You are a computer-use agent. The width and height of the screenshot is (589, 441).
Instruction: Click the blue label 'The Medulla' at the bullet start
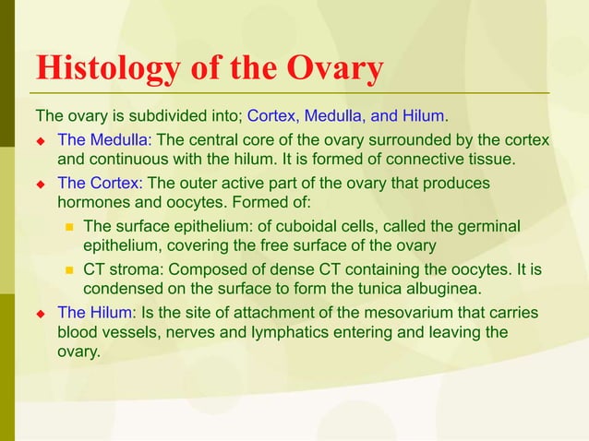(103, 140)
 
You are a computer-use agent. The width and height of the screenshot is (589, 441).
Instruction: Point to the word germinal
(489, 226)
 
